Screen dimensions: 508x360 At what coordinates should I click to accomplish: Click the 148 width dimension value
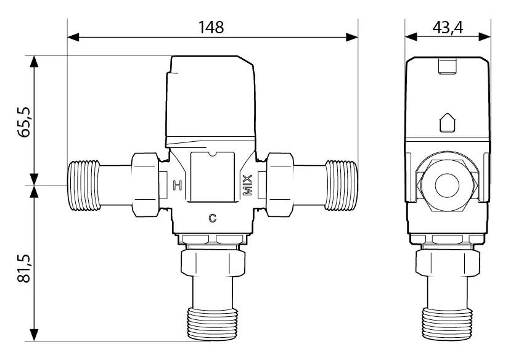click(211, 27)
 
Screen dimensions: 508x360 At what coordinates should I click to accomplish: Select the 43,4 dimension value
click(448, 27)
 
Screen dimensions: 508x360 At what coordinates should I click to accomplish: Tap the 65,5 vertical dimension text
click(24, 121)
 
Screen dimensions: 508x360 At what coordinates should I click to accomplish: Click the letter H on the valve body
click(177, 186)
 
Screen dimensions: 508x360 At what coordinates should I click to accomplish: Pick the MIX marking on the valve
click(247, 186)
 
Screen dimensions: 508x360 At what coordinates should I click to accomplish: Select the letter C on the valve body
click(212, 218)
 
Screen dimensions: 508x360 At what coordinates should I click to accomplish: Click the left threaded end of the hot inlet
click(83, 186)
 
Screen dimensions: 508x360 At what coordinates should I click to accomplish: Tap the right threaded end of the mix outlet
click(342, 186)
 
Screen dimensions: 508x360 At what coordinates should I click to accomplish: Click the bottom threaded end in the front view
click(213, 324)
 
